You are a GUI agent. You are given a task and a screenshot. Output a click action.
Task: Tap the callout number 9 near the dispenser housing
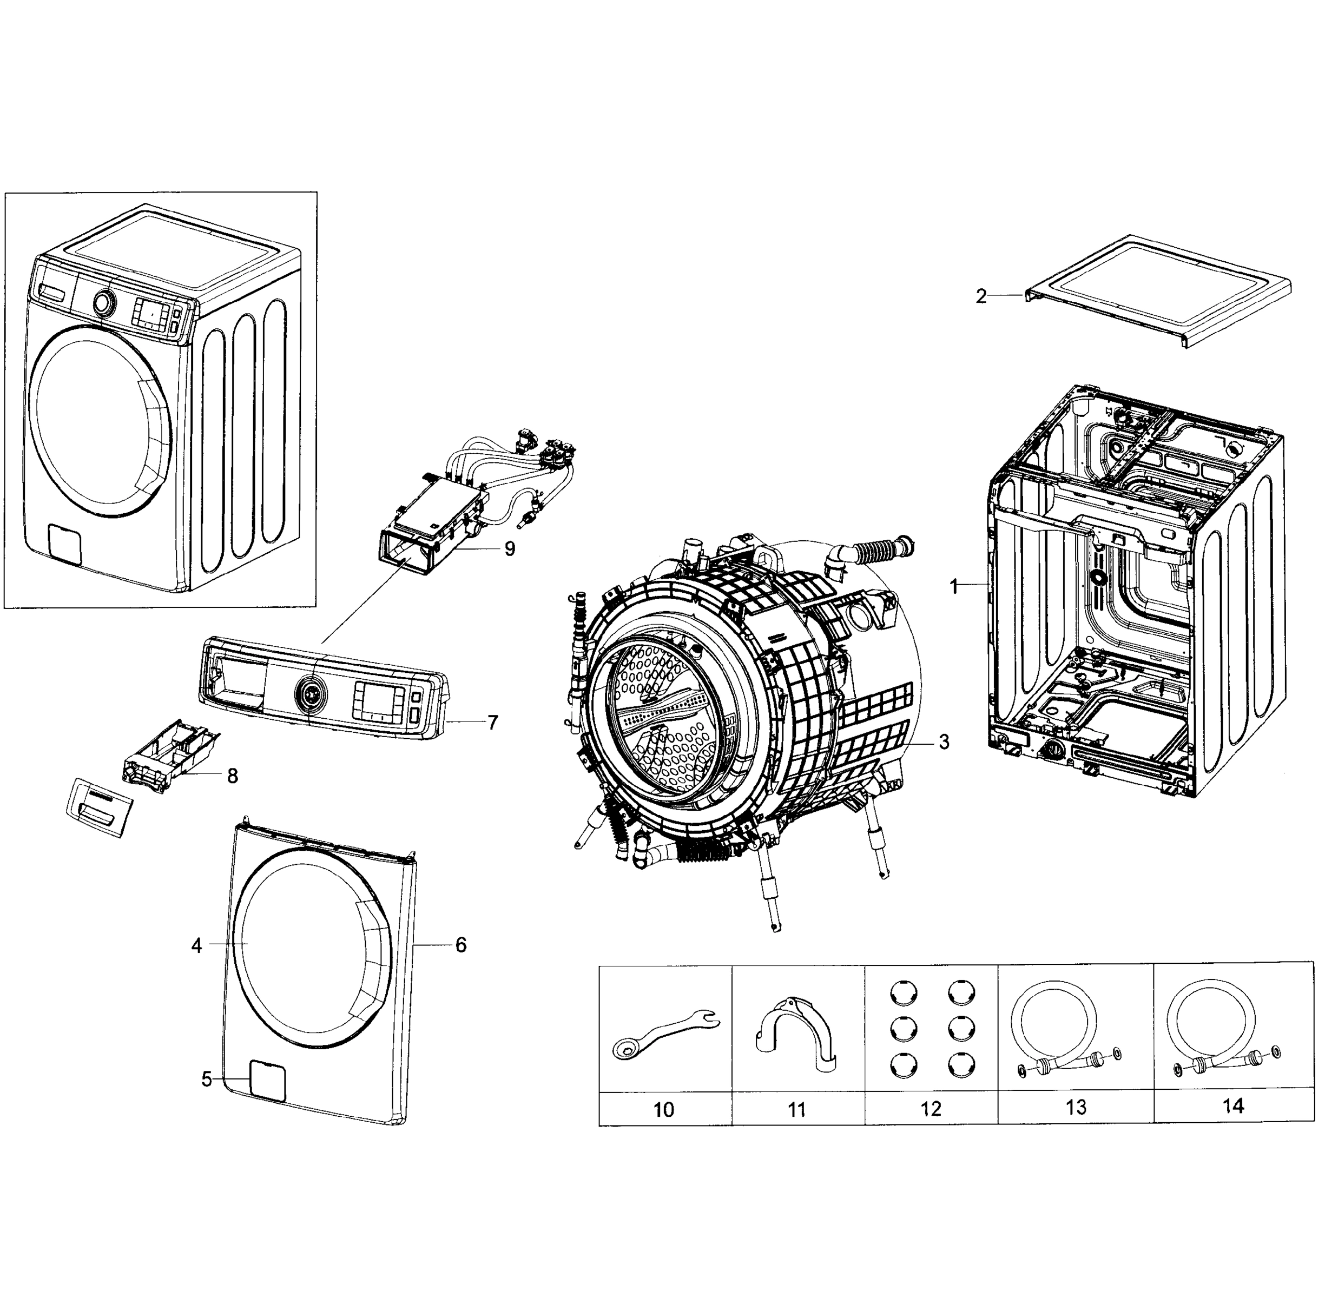[x=510, y=549]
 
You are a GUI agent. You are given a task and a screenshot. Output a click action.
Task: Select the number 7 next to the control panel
[x=492, y=723]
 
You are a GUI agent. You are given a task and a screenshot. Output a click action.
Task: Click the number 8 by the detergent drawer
[x=233, y=776]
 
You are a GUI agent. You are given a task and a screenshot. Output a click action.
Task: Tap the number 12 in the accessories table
[x=931, y=1109]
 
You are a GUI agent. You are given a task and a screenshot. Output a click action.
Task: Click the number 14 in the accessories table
[x=1233, y=1107]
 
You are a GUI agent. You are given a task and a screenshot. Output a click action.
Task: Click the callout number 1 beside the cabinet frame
[x=954, y=586]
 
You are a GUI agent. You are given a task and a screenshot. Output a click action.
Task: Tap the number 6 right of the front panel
[x=461, y=945]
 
